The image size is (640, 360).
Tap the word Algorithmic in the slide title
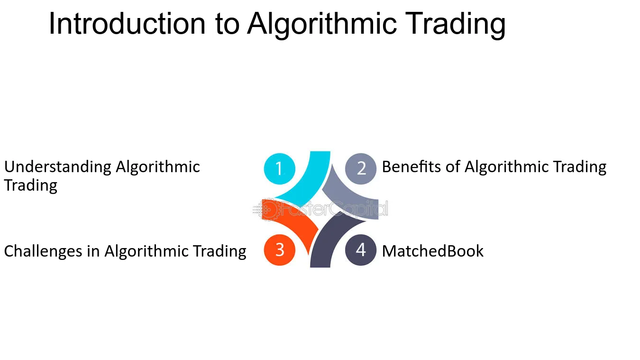pos(322,25)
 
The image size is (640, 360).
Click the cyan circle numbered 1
pos(279,169)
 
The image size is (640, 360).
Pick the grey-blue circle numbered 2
pos(361,169)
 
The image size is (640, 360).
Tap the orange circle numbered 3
pos(279,250)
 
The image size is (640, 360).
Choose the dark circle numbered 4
pos(361,250)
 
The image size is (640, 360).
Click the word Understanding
pos(58,167)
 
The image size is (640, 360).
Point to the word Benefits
pos(411,166)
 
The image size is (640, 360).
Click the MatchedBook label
pos(432,251)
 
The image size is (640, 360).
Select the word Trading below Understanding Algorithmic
pos(30,186)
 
